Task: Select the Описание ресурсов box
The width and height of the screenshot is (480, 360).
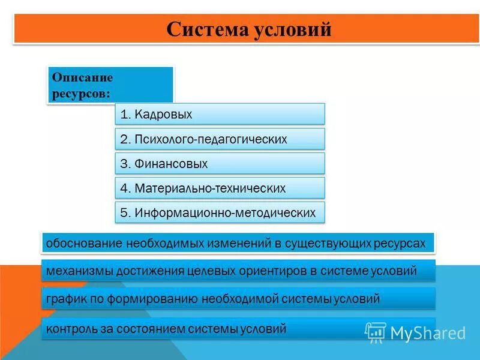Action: click(110, 85)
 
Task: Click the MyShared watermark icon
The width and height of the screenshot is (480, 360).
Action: click(376, 332)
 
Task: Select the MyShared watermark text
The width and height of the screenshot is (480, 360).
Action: click(428, 333)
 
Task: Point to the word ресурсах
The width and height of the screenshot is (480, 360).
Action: click(399, 244)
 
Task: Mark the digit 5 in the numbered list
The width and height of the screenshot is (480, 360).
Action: click(124, 213)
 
